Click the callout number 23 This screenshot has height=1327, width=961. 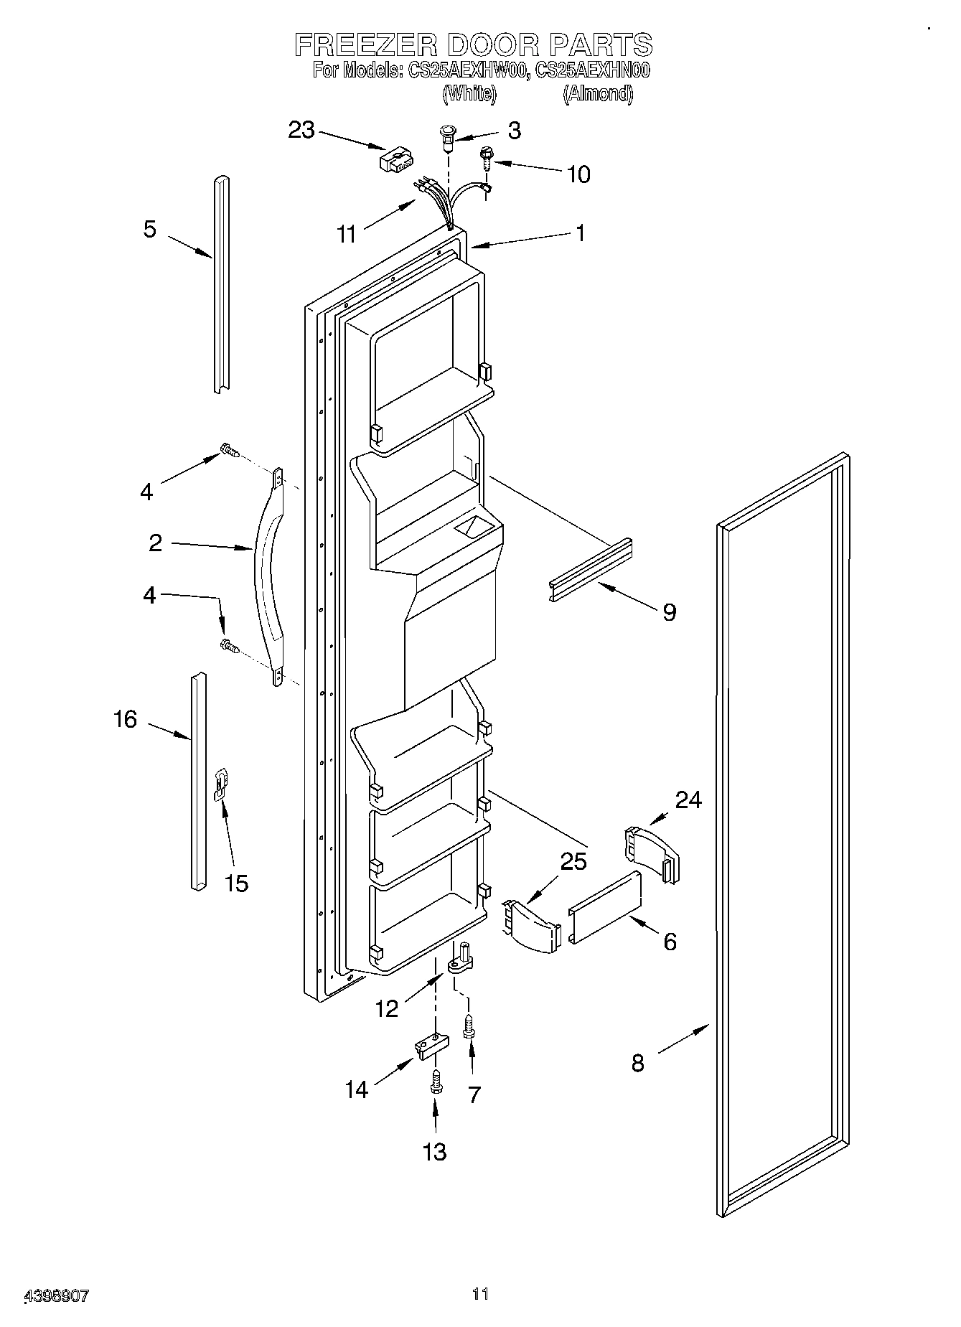(301, 130)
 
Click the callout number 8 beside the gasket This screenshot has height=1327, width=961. (637, 1063)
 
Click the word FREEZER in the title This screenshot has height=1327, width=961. (365, 45)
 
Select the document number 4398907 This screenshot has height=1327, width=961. (57, 1296)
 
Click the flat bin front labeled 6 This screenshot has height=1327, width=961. (605, 908)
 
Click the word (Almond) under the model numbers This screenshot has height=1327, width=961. (597, 93)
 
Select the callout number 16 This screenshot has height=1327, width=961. (126, 718)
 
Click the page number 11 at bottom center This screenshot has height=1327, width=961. (480, 1294)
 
